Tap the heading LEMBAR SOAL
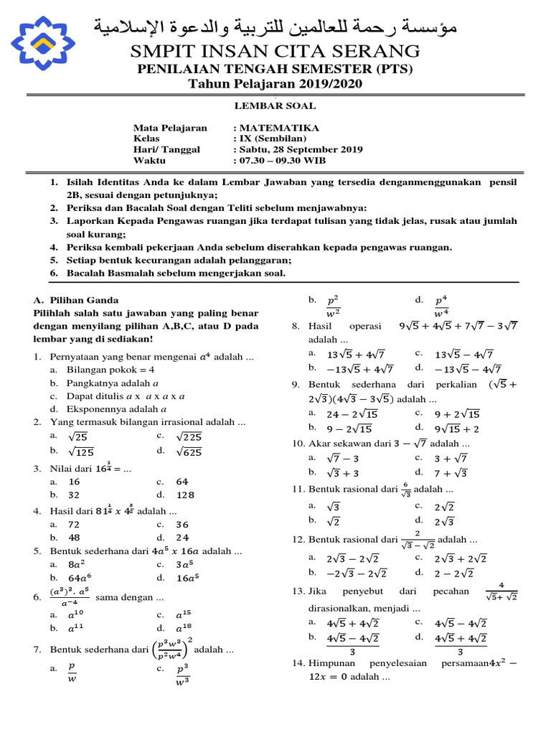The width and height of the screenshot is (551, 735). point(275,106)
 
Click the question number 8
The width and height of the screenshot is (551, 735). point(295,326)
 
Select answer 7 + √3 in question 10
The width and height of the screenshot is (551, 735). point(452,472)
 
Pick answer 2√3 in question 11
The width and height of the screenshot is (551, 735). point(445,520)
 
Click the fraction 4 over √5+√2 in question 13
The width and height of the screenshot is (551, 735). point(502,590)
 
